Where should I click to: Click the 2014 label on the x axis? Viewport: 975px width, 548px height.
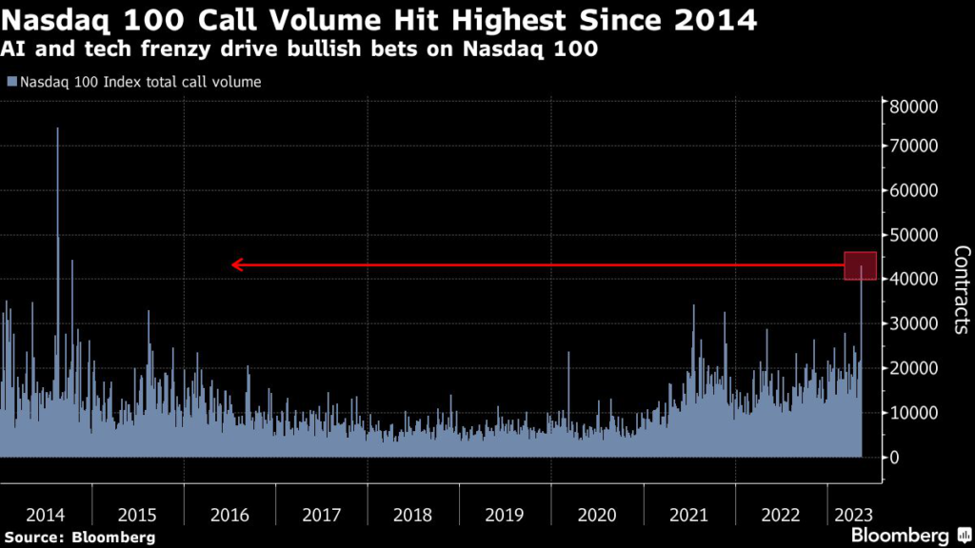pos(46,515)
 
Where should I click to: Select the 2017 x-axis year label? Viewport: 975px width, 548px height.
pos(321,515)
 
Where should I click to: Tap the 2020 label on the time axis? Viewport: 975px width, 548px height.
pos(597,515)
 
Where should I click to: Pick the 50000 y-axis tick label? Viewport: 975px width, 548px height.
pos(914,235)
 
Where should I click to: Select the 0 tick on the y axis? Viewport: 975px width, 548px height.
pos(896,458)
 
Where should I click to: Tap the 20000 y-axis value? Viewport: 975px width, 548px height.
pos(914,368)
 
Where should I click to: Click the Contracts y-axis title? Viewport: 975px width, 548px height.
pos(961,290)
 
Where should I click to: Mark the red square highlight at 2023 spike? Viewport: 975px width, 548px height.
pos(860,265)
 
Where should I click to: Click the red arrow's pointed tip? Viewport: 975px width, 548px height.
pos(233,265)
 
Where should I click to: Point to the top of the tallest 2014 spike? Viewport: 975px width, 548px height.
pos(57,127)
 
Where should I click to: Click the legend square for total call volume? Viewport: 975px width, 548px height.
pos(10,82)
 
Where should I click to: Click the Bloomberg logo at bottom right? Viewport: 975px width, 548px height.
pos(900,536)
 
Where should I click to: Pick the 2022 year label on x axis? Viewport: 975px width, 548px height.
pos(781,515)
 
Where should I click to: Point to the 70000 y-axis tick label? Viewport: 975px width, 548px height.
pos(914,146)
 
